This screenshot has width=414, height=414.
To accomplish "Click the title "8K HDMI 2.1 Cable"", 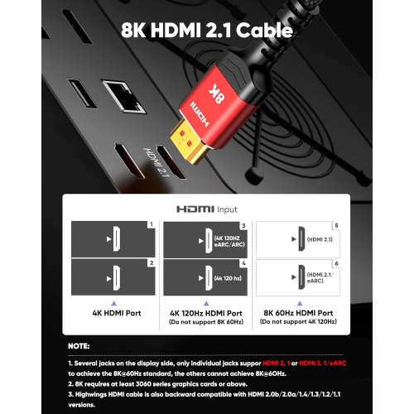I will [207, 31].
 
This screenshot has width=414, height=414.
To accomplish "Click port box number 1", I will [112, 238].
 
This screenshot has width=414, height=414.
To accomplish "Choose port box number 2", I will [112, 277].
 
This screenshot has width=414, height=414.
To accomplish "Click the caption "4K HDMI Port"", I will [112, 314].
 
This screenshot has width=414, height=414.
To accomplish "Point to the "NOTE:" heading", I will [80, 347].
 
